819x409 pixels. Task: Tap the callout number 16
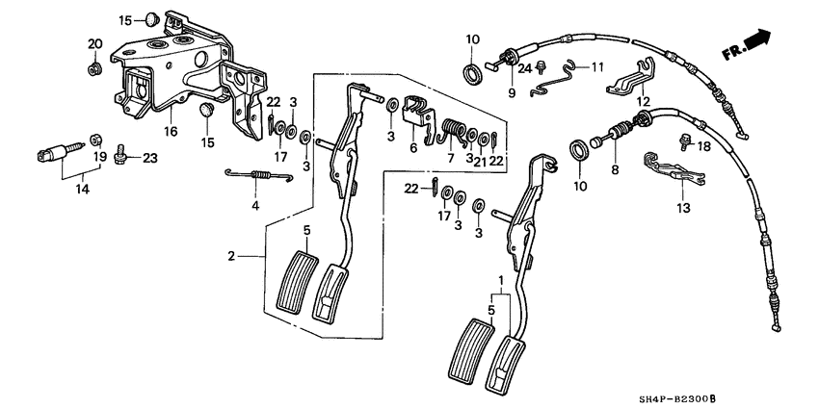(170, 132)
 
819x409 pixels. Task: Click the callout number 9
(513, 93)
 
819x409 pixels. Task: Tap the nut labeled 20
(95, 68)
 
